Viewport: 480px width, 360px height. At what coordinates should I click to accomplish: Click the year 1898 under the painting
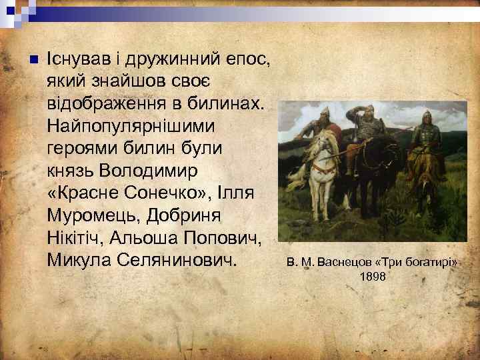click(371, 276)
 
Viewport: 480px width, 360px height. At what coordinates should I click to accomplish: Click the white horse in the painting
click(323, 157)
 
